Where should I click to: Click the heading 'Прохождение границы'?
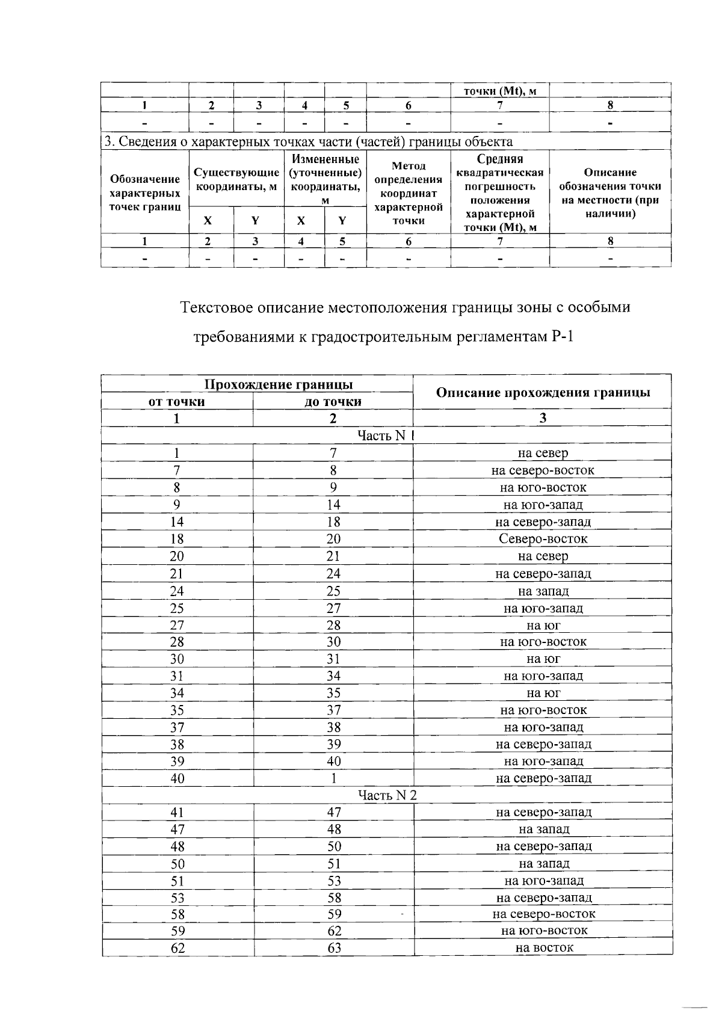pos(279,384)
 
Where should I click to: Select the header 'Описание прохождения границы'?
pos(543,393)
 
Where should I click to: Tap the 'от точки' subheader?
pos(177,401)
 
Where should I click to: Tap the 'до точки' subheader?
pos(333,401)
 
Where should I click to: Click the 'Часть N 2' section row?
pos(387,795)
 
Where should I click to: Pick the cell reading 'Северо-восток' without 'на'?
pos(543,539)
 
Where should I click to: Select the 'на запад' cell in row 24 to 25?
pos(543,591)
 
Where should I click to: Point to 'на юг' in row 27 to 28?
pos(543,625)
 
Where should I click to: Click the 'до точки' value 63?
pos(334,948)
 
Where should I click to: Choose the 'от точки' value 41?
pos(177,812)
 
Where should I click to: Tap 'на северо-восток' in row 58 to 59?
pos(543,914)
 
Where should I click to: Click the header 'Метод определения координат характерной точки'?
pos(409,192)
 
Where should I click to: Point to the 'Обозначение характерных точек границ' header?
pos(144,192)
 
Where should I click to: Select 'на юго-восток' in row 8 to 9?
pos(543,487)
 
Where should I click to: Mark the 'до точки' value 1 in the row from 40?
pos(333,778)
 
